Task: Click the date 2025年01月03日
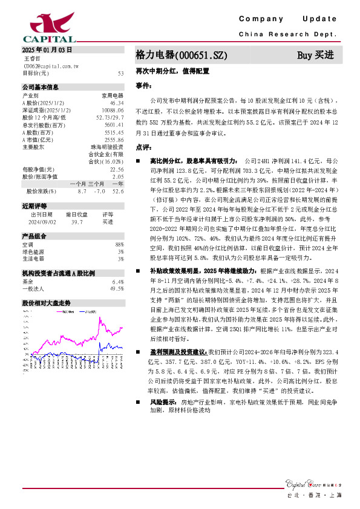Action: (x=47, y=50)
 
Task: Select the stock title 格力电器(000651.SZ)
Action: (x=182, y=55)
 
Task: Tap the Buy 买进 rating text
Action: (x=315, y=55)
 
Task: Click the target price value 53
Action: (x=120, y=73)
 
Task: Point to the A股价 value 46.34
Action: (x=116, y=102)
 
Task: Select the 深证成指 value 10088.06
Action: (x=113, y=109)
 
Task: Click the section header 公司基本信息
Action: (x=41, y=87)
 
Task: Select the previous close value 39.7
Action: (x=76, y=222)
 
